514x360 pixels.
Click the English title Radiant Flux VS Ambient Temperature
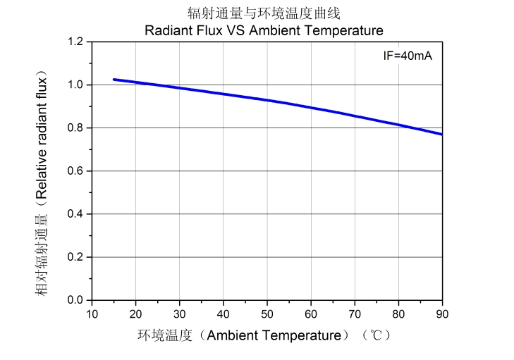[x=264, y=30]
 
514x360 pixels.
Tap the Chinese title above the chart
[x=264, y=13]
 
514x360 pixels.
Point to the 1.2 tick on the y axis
[x=75, y=42]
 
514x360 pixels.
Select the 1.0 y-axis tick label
[x=75, y=85]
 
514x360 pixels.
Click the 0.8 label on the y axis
[x=75, y=128]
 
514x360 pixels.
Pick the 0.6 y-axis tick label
[x=75, y=171]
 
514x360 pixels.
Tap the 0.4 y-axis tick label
[x=75, y=214]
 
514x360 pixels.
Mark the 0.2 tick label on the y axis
[x=75, y=257]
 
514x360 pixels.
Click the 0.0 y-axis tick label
[x=75, y=300]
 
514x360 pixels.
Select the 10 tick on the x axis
[x=92, y=314]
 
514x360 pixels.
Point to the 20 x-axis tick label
[x=136, y=314]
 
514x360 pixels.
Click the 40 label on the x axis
[x=224, y=314]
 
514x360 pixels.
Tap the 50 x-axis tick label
[x=267, y=314]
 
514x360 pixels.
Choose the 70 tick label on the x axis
[x=355, y=314]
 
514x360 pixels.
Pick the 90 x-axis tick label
[x=442, y=314]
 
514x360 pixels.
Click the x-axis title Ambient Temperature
[x=264, y=335]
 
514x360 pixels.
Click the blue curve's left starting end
[x=114, y=80]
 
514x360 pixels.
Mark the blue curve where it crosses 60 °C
[x=311, y=108]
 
